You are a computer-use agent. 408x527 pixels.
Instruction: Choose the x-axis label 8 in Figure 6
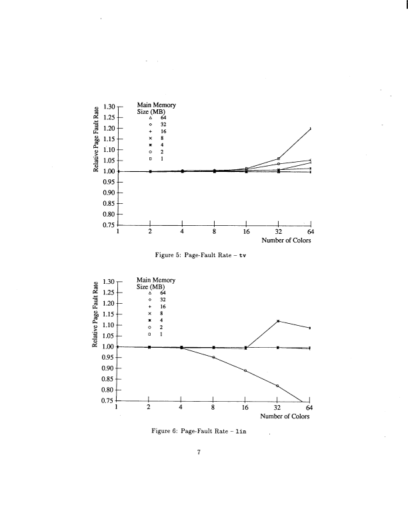pos(213,408)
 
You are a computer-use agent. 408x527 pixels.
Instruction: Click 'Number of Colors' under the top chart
pos(285,241)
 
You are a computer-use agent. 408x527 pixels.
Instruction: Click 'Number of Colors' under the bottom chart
pos(285,416)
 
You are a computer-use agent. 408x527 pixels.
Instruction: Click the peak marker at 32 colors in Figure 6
pos(277,321)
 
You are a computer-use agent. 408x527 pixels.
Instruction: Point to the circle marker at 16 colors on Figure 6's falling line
pos(245,370)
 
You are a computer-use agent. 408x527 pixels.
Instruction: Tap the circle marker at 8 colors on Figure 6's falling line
pos(213,357)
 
